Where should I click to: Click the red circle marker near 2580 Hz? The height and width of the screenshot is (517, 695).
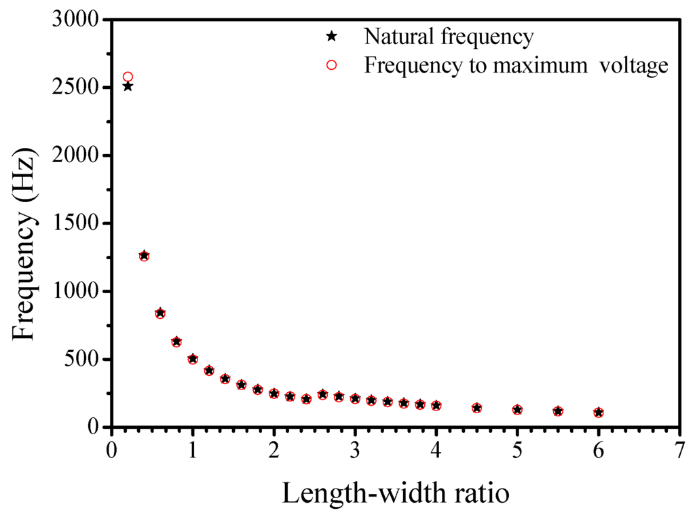click(128, 77)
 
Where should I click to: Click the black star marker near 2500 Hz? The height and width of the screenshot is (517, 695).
click(128, 86)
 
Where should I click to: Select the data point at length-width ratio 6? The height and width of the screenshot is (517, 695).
click(599, 413)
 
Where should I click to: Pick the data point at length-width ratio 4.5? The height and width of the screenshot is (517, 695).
click(476, 408)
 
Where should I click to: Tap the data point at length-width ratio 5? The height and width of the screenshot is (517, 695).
click(517, 410)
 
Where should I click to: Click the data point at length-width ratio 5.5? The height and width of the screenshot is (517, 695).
click(558, 411)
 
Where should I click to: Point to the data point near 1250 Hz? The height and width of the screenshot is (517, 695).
click(144, 256)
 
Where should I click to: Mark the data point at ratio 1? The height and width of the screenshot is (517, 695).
click(193, 359)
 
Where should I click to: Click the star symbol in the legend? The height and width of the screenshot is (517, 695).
click(331, 37)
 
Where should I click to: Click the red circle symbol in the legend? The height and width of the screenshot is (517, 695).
click(331, 65)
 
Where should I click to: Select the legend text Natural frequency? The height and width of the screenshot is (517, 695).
click(449, 37)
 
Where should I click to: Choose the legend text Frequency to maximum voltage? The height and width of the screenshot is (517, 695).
click(516, 65)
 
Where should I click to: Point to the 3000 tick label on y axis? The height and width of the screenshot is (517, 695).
click(75, 20)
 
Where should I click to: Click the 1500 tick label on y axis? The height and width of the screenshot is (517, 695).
click(75, 223)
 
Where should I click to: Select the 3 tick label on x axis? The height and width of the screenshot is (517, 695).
click(355, 451)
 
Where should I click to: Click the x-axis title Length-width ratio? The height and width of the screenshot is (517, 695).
click(395, 493)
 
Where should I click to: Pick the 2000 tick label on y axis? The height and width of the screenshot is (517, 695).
click(75, 155)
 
